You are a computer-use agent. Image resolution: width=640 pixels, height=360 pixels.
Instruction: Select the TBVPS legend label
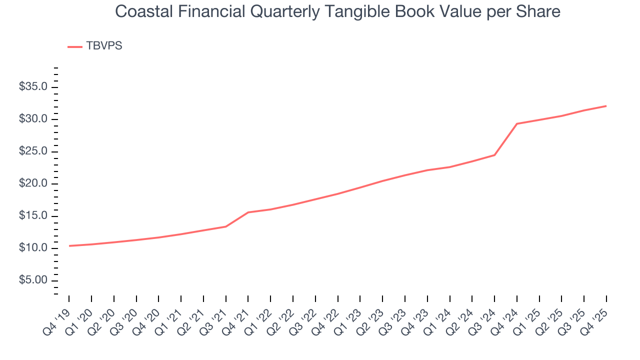coord(104,46)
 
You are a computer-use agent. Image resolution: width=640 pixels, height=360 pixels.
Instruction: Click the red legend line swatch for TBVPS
coord(75,46)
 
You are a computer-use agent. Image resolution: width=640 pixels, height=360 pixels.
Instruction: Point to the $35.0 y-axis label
coord(33,87)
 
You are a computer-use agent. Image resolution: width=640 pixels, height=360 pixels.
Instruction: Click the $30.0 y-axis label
coord(33,119)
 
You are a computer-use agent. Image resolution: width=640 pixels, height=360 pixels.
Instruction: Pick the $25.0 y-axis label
coord(33,151)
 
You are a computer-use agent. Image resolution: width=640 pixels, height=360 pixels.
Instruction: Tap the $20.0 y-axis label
coord(33,183)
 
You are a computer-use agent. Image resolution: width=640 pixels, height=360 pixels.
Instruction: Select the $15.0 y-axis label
coord(33,216)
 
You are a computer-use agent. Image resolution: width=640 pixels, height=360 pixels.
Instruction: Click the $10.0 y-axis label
coord(33,248)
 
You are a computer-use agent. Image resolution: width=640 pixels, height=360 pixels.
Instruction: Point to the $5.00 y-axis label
coord(33,280)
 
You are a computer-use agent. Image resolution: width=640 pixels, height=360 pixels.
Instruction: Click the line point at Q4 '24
coord(517,123)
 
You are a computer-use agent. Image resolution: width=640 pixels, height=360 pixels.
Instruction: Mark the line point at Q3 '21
coord(226,226)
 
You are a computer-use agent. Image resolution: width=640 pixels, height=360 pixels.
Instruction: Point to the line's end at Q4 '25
coord(606,106)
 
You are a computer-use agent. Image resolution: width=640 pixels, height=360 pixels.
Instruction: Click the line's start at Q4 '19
coord(69,245)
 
